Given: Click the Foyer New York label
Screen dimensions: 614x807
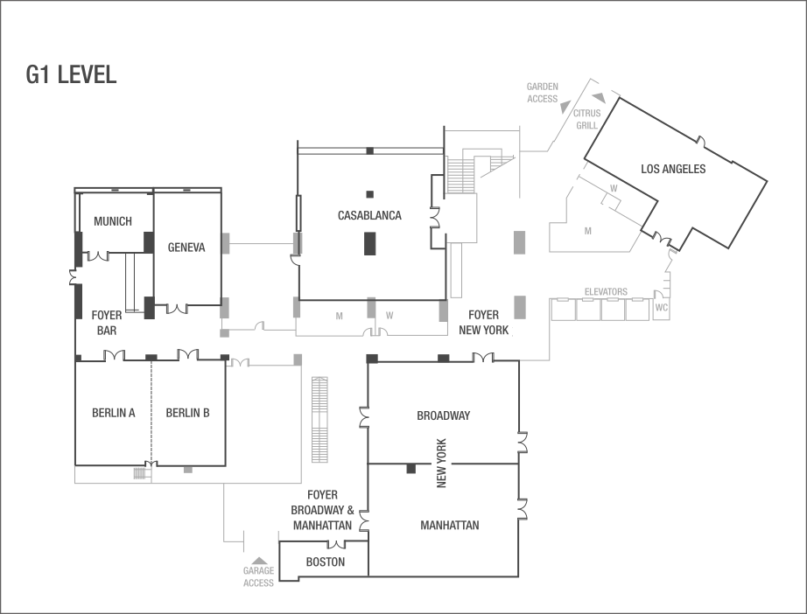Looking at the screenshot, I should click(486, 323).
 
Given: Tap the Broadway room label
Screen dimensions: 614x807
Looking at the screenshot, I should click(444, 415).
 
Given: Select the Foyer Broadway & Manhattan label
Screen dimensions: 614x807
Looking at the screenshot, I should click(322, 510).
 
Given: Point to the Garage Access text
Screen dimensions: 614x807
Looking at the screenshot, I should click(258, 577).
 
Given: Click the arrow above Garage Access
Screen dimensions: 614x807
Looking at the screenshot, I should click(258, 561).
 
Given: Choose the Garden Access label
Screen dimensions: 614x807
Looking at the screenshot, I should click(542, 93).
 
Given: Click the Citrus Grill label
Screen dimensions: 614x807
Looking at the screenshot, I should click(586, 120).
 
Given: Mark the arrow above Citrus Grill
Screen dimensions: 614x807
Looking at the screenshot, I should click(599, 98).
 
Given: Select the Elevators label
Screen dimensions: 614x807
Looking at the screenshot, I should click(606, 291).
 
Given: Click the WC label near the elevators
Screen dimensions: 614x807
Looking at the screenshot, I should click(661, 308).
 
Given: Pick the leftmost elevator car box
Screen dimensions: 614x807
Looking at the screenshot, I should click(563, 310).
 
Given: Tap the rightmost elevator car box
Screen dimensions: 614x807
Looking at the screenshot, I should click(637, 310).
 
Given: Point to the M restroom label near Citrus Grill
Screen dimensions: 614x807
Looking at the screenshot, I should click(588, 231).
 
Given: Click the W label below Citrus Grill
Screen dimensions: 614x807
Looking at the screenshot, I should click(614, 188).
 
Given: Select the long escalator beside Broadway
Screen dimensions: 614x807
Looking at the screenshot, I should click(319, 420).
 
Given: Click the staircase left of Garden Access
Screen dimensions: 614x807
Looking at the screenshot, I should click(460, 174).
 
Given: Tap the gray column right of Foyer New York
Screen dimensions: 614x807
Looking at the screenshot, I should click(520, 307).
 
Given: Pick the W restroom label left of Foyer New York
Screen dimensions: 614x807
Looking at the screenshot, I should click(389, 316).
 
